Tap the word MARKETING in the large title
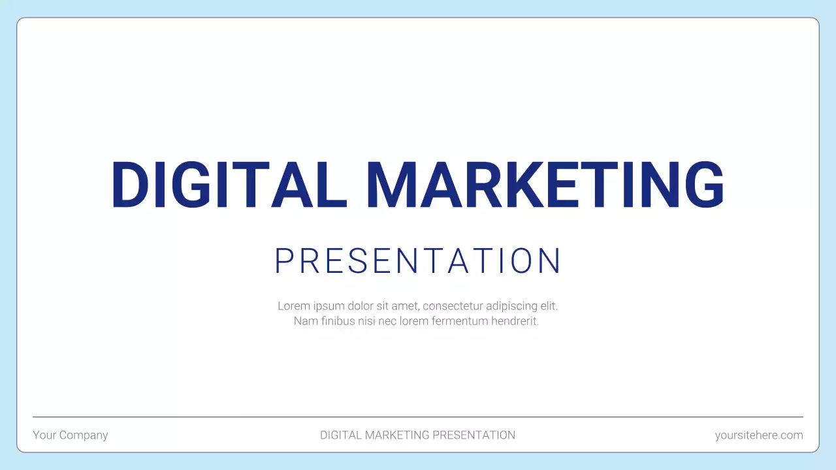click(544, 185)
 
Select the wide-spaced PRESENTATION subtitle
click(418, 261)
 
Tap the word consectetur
click(453, 305)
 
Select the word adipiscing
click(513, 305)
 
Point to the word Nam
click(304, 321)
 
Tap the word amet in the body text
click(406, 305)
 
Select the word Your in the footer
click(44, 435)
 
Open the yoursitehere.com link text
click(759, 435)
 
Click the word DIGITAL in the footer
click(341, 435)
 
